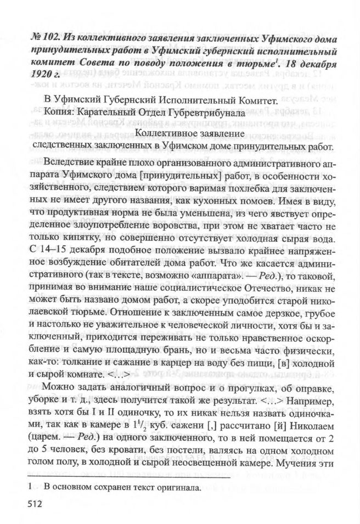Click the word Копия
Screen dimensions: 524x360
click(x=55, y=112)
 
